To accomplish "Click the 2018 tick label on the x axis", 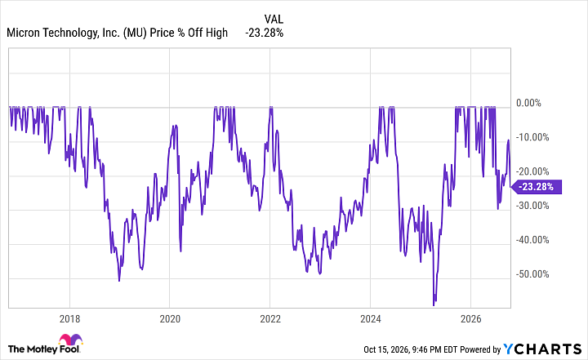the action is click(69, 319).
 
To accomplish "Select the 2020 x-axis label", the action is click(170, 319).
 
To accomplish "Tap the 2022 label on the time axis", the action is click(270, 319).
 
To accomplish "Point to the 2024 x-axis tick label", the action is click(371, 319).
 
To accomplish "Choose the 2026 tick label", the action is click(470, 319).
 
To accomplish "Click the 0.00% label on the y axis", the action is click(528, 103).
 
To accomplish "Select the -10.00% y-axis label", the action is click(532, 137).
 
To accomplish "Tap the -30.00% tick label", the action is click(532, 206).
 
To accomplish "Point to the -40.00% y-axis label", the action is click(532, 240).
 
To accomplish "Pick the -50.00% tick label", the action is click(532, 274).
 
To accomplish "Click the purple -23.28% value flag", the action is click(537, 186).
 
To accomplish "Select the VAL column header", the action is click(274, 19).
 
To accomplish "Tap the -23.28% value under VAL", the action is click(265, 33).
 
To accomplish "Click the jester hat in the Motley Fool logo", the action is click(70, 340).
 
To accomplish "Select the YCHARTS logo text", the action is click(542, 349).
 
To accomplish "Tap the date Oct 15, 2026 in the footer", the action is click(385, 350).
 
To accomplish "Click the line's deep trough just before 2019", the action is click(119, 281).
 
